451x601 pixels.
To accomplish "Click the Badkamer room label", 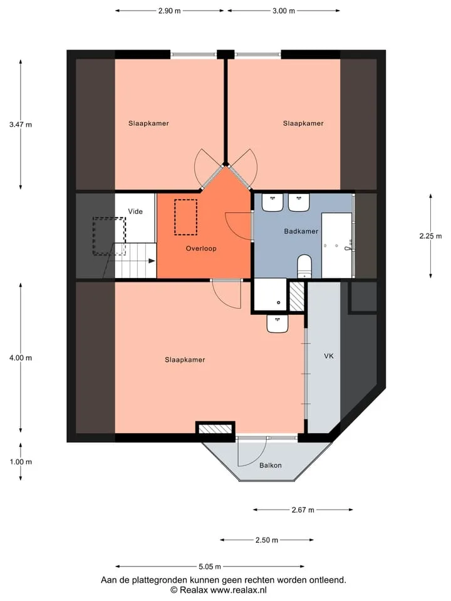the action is [x=301, y=231].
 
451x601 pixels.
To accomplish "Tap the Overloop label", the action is [x=201, y=249].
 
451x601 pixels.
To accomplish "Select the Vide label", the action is [x=135, y=211].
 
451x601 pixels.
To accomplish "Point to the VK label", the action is [x=329, y=356].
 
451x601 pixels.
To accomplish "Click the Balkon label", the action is [x=271, y=465].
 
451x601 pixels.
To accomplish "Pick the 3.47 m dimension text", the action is [x=21, y=125].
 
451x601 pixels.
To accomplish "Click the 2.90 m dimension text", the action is [x=170, y=11].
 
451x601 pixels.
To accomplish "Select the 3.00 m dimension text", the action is [x=284, y=11].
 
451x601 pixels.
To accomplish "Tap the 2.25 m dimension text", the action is [x=431, y=236].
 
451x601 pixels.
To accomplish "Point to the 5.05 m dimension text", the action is [x=210, y=567].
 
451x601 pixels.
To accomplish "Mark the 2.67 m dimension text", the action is [x=303, y=510].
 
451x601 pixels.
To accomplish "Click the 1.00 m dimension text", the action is [x=21, y=462].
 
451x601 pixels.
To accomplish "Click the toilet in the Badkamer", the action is [x=304, y=265].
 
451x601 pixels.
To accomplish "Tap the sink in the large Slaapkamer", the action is [x=277, y=324].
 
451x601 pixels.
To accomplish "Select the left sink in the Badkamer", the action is [x=272, y=202].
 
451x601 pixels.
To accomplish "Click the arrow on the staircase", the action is [x=152, y=261].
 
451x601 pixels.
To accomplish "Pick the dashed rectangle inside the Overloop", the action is [x=186, y=217].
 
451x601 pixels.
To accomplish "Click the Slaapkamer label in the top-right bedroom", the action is [x=303, y=123].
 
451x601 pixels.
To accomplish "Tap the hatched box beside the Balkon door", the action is [x=215, y=428].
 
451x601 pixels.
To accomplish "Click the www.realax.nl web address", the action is [x=239, y=590].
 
